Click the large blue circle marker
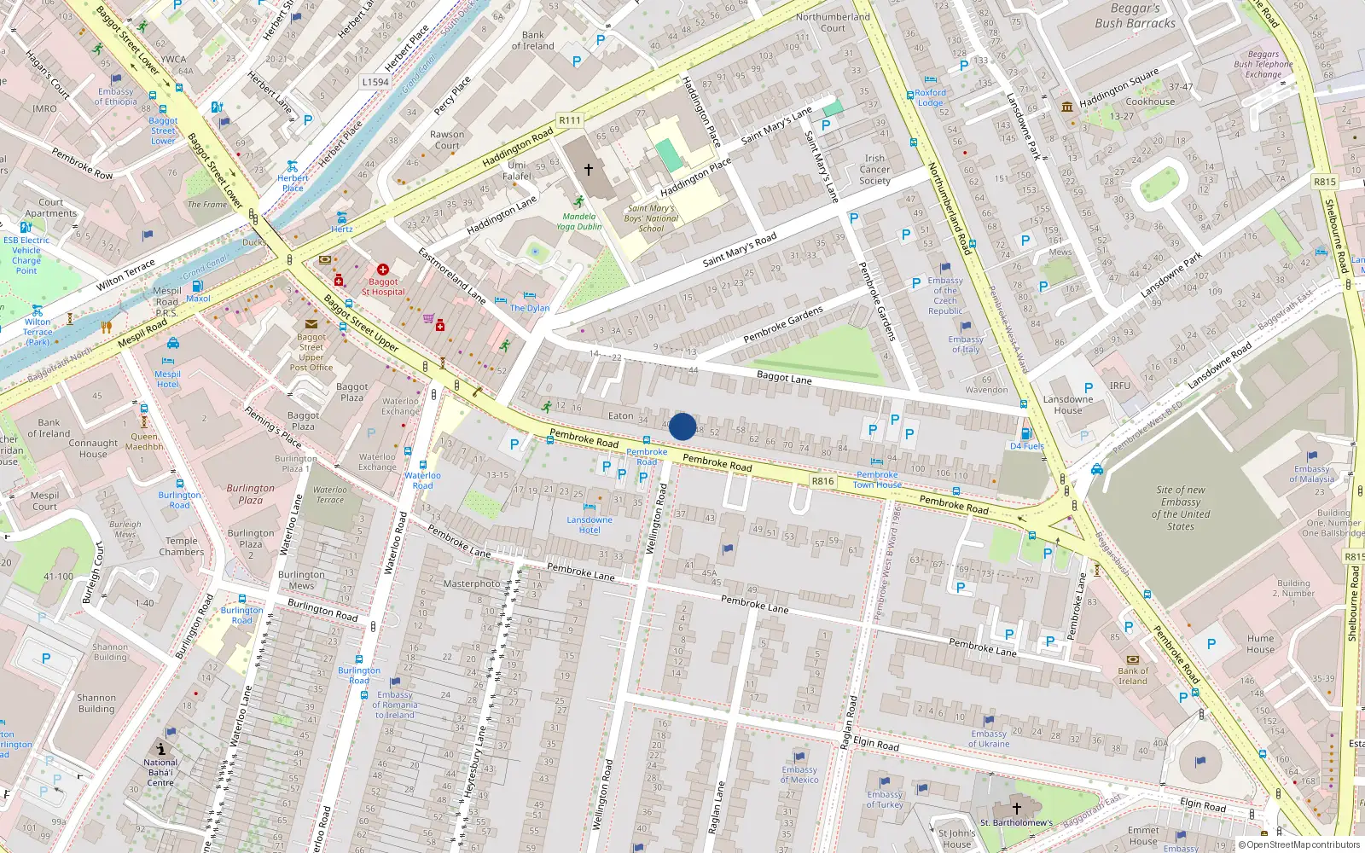(682, 426)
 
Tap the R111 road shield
(570, 120)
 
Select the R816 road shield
(822, 481)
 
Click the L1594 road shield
(375, 82)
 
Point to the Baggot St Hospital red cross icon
(383, 270)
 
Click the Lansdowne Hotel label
(590, 525)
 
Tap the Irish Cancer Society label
(874, 169)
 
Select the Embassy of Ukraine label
(989, 739)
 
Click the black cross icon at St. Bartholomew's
(1016, 808)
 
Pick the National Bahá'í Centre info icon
(160, 748)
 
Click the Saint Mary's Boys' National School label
(651, 218)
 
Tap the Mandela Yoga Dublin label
(579, 222)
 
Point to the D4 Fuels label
(1026, 446)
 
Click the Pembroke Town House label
(877, 479)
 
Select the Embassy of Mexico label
(799, 775)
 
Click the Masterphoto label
(472, 584)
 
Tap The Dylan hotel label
(530, 308)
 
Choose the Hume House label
(1260, 644)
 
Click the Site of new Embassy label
(1181, 508)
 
